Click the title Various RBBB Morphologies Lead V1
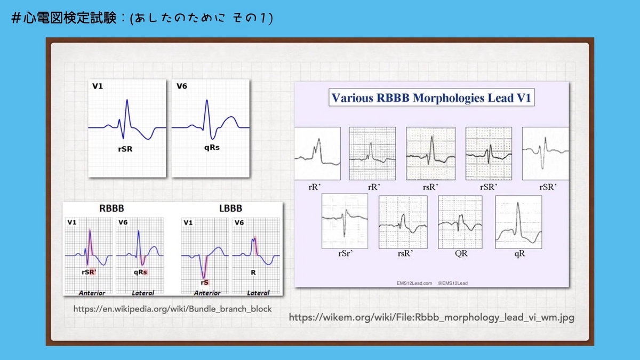[x=433, y=98]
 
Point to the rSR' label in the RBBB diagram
[x=89, y=272]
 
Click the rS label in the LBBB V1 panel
[x=204, y=282]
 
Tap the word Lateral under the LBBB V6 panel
[x=258, y=293]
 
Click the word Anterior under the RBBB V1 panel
[x=92, y=293]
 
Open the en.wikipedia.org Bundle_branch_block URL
[x=172, y=309]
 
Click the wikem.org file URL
[x=431, y=317]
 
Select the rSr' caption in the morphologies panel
[x=345, y=254]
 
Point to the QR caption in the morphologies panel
[x=461, y=254]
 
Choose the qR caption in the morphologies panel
[x=519, y=254]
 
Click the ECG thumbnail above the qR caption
[x=519, y=221]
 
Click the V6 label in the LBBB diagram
[x=239, y=222]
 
